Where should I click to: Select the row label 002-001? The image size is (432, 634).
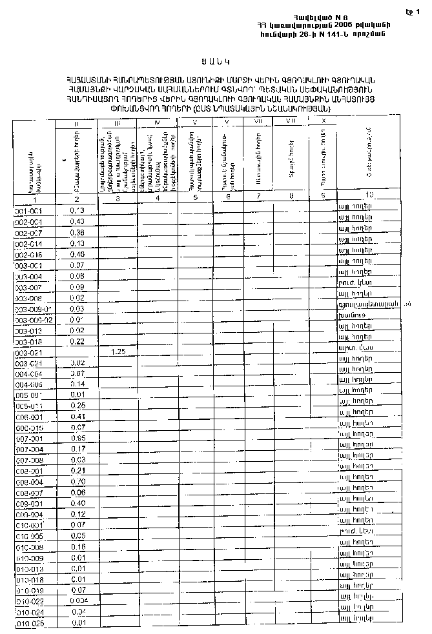click(x=28, y=222)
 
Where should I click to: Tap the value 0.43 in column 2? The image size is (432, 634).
click(x=77, y=222)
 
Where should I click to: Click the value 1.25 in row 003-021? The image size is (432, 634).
click(x=118, y=352)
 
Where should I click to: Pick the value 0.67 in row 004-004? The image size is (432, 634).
click(x=77, y=373)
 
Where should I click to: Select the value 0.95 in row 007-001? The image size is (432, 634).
click(x=77, y=439)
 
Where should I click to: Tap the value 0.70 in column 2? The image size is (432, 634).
click(x=77, y=482)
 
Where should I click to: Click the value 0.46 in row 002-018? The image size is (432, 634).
click(x=77, y=255)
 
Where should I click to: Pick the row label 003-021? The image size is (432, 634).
click(x=28, y=353)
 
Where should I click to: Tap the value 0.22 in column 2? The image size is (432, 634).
click(x=77, y=341)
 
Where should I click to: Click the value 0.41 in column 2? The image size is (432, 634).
click(x=77, y=417)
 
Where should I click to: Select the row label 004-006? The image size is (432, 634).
click(x=28, y=384)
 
